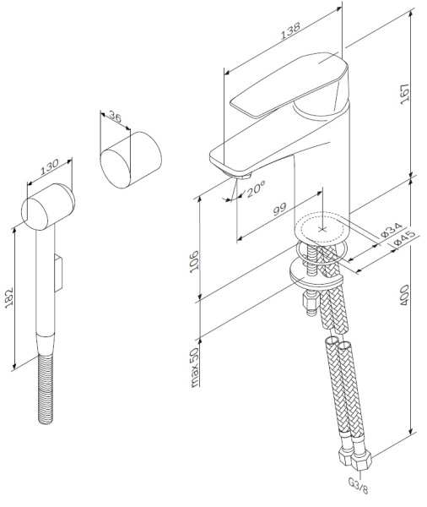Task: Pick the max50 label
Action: (193, 367)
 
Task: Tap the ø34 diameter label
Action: (389, 230)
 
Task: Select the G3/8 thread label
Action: (357, 488)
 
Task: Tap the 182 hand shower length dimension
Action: (10, 296)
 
